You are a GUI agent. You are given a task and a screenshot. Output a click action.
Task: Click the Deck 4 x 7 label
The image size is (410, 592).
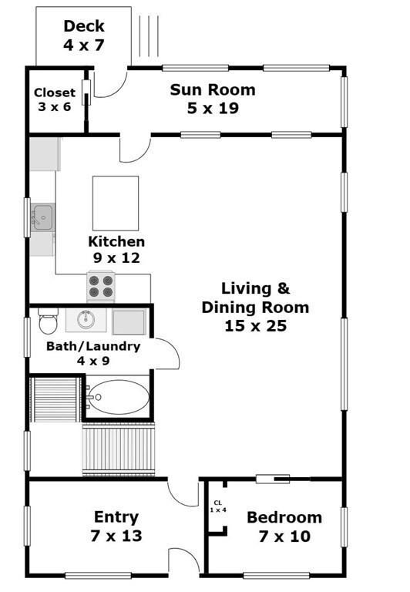tap(83, 36)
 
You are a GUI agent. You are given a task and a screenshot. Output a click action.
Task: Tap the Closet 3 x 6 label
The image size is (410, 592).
tap(55, 100)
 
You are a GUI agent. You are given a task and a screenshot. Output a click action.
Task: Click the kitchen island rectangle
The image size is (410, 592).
tap(116, 203)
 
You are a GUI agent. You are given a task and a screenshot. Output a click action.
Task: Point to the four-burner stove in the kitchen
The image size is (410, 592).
tap(101, 287)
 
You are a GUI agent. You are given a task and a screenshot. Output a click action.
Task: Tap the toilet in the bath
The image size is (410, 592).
tap(48, 318)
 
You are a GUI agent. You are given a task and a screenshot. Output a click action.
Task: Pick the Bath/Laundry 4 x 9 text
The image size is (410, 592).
tap(93, 353)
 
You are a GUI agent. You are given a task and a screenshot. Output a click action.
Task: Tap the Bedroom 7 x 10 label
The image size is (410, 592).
tap(284, 526)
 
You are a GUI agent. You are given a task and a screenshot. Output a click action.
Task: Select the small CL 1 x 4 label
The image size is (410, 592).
tap(218, 506)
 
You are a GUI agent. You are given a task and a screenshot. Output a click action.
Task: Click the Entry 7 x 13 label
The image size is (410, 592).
tap(116, 526)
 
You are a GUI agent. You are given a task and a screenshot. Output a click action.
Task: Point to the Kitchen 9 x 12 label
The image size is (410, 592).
tap(116, 250)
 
